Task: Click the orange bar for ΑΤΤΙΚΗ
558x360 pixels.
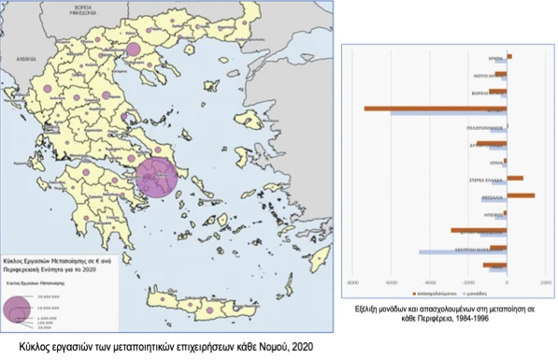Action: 435,108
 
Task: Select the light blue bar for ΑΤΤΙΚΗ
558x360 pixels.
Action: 449,113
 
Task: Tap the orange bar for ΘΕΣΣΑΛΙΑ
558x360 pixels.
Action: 521,195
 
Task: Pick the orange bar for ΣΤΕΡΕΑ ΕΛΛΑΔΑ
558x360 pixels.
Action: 515,178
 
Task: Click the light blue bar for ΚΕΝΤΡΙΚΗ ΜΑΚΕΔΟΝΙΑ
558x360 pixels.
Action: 463,252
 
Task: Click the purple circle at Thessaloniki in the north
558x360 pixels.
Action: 133,50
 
